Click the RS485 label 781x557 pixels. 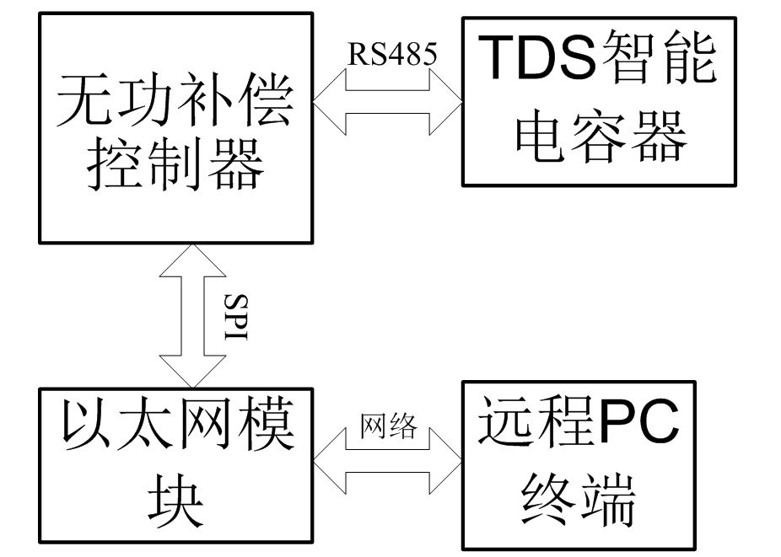point(392,53)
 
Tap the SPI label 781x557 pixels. point(235,317)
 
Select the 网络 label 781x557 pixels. point(389,426)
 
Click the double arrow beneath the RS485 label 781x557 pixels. point(387,102)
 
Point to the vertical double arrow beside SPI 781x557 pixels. point(192,316)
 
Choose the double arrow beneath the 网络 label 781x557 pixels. point(387,461)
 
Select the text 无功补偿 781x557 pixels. point(175,100)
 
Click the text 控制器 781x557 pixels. point(175,163)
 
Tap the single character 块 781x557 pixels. point(175,501)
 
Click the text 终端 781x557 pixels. point(579,499)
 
